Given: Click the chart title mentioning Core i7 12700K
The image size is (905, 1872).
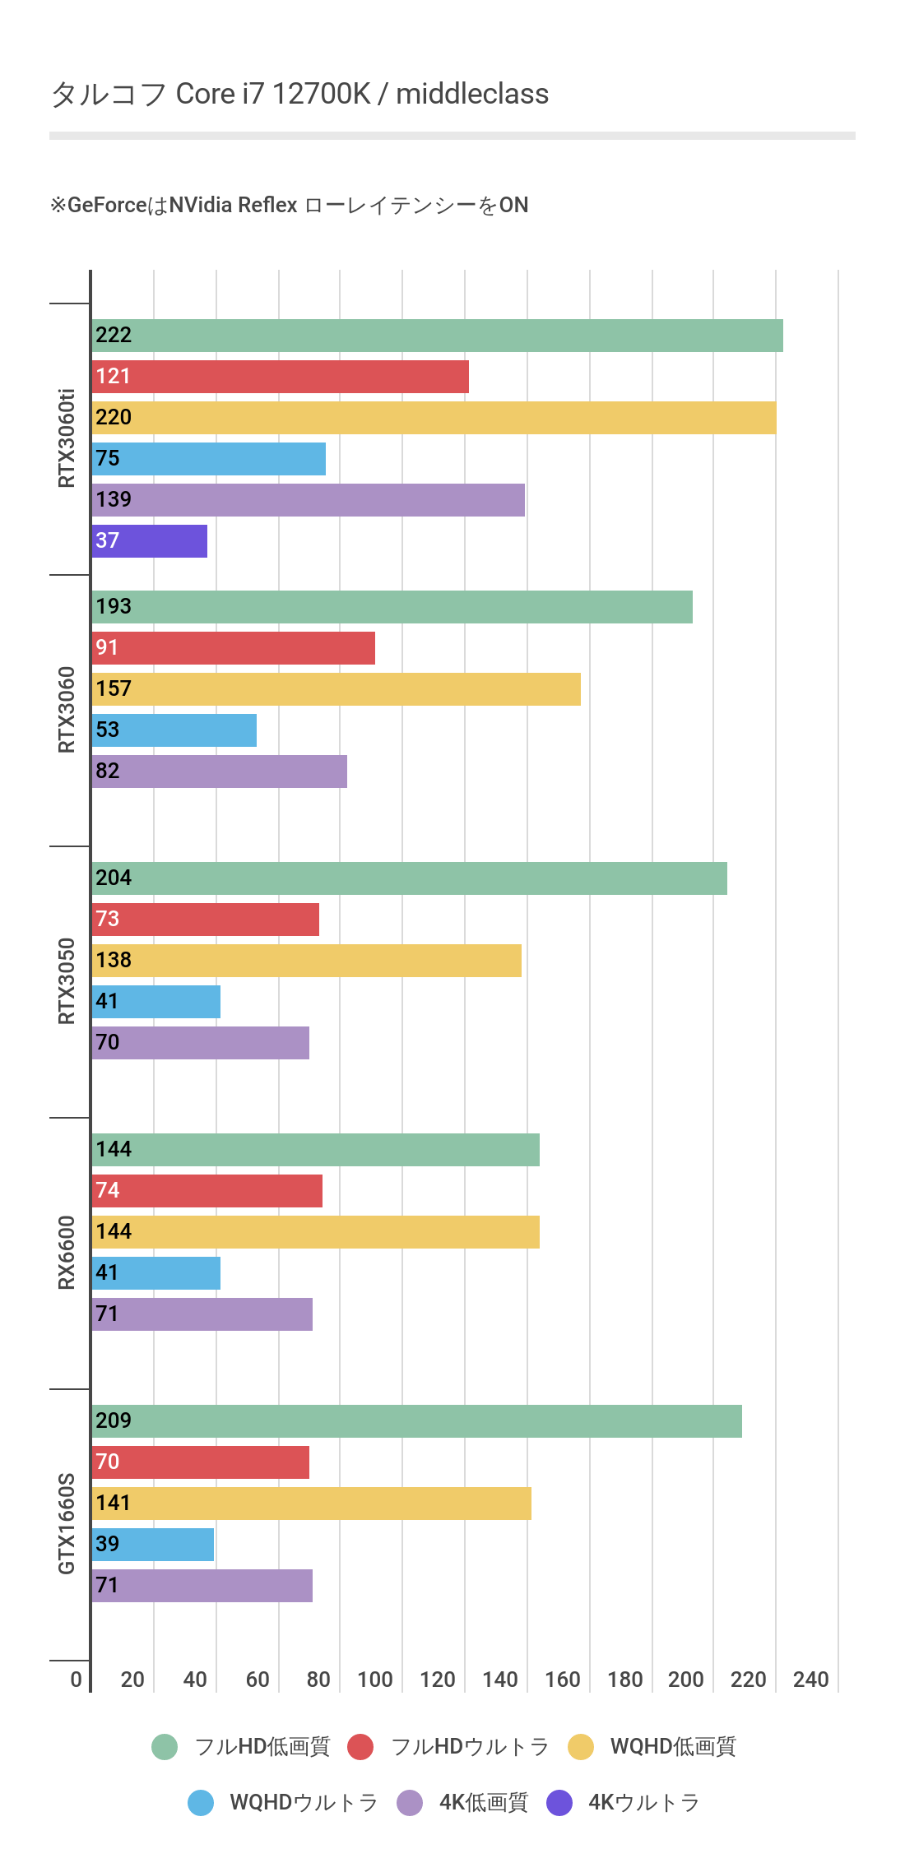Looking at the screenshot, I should (299, 94).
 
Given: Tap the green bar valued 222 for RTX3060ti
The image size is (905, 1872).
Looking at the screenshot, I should (437, 336).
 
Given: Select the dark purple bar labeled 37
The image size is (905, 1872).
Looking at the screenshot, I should (150, 541).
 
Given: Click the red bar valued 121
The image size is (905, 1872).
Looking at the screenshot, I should (280, 377).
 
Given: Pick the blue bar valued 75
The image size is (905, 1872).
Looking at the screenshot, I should (209, 459).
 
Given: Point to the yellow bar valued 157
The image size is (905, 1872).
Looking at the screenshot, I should (336, 689).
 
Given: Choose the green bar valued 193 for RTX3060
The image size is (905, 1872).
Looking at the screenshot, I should (392, 607).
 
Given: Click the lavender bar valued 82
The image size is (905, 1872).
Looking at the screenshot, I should (219, 772).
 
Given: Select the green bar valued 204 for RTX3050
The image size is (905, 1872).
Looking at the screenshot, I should (409, 878).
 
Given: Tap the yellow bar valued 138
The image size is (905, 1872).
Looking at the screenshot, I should (306, 961).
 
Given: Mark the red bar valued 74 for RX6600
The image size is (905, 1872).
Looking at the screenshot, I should (207, 1191).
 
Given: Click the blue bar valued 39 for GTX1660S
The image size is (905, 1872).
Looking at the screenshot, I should (152, 1545).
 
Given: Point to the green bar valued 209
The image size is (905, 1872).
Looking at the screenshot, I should (416, 1421).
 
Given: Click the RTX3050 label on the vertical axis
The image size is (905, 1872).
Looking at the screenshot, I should (67, 981).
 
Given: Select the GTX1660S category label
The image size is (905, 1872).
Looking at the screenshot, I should (67, 1524).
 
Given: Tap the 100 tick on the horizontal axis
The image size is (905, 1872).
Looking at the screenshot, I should (375, 1680).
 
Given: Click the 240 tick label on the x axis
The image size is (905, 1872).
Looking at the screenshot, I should (810, 1680).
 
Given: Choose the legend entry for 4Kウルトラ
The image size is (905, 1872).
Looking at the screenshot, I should (624, 1803).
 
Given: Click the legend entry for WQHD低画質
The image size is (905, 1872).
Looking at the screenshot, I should (652, 1747).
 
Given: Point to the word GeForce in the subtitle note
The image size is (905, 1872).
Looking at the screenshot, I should (107, 205).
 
